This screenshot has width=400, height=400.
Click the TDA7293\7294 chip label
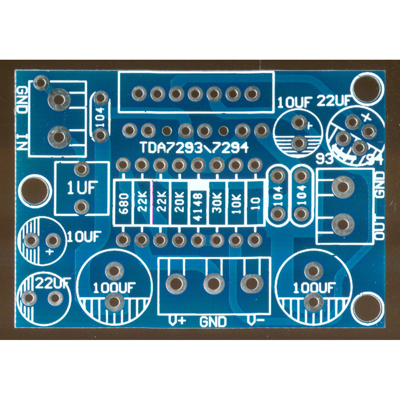point(194,148)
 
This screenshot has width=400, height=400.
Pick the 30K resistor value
point(217,203)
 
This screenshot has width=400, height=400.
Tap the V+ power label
point(177,321)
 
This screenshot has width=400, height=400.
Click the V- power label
point(255,321)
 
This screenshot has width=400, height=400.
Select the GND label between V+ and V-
point(213,322)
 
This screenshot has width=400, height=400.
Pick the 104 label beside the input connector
point(100,117)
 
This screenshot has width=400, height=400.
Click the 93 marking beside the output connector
point(324,159)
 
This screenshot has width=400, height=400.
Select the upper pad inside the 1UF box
point(81,169)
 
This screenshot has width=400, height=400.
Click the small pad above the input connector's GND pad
point(41,82)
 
